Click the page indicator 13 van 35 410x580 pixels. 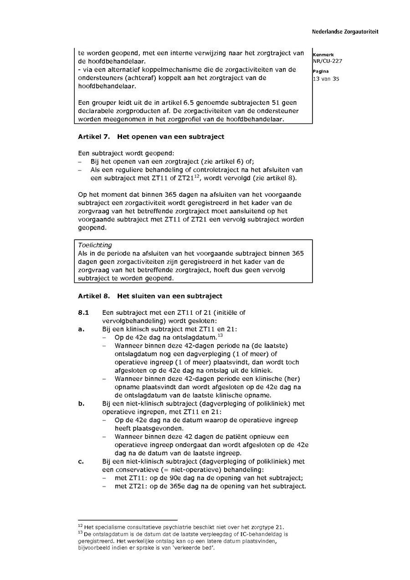click(326, 79)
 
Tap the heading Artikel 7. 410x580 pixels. click(94, 137)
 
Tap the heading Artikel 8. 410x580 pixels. click(94, 296)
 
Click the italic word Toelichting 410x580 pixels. click(95, 245)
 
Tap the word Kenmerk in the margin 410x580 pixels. click(323, 55)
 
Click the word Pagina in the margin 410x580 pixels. click(321, 72)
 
